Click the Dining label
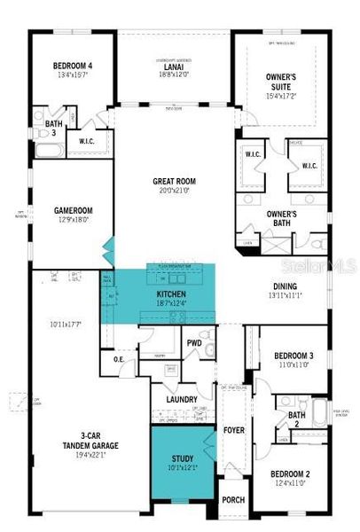click(285, 286)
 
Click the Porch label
click(233, 500)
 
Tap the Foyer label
click(234, 432)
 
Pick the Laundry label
click(182, 400)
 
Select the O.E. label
click(119, 359)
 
